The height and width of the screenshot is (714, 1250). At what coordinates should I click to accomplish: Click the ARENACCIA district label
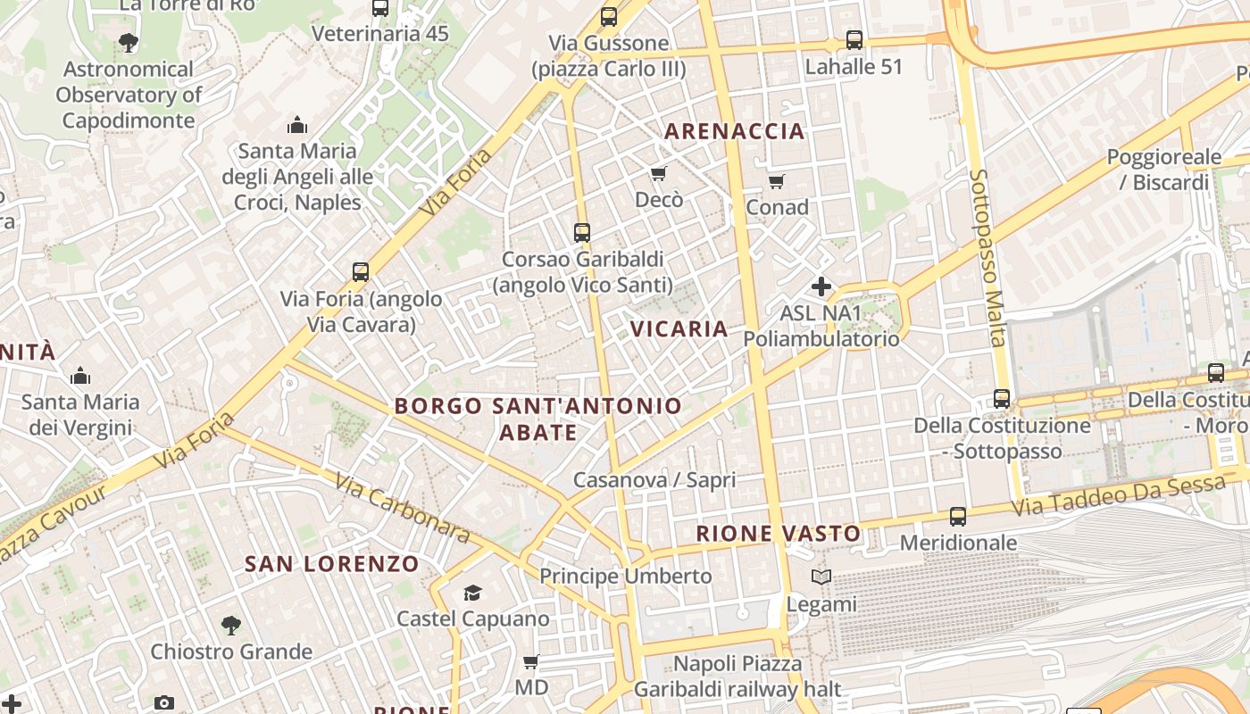click(735, 131)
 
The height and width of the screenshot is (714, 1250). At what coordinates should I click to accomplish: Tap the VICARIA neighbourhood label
click(679, 328)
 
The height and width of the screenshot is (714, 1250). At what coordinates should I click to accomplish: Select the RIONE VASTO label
click(779, 534)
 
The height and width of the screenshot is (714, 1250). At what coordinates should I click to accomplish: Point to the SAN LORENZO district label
click(332, 564)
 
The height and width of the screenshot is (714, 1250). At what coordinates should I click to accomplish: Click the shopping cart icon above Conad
click(777, 182)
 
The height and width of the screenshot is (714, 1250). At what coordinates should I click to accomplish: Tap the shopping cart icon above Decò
click(659, 173)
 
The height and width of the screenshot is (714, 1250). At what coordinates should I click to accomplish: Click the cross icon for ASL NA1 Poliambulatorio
click(821, 286)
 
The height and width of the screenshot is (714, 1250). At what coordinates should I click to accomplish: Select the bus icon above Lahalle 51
click(854, 40)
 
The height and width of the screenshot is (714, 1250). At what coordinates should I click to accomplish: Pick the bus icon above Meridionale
click(958, 516)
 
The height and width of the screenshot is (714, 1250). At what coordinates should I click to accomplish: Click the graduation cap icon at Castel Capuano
click(472, 593)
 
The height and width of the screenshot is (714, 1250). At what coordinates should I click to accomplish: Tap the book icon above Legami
click(821, 577)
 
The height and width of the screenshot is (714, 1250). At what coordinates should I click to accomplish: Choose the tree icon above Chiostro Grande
click(231, 625)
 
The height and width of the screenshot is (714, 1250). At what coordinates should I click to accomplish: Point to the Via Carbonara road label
click(403, 508)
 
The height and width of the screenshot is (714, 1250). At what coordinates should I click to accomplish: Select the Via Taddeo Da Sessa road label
click(1119, 496)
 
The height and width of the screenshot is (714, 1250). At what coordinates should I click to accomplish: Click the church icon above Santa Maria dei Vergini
click(80, 376)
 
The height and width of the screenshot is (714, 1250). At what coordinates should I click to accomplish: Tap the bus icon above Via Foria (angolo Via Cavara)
click(361, 272)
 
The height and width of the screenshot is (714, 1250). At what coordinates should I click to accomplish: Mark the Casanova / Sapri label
click(654, 480)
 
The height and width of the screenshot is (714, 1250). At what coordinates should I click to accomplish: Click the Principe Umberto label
click(626, 577)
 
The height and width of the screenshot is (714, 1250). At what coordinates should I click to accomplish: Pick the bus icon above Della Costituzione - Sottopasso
click(1002, 399)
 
